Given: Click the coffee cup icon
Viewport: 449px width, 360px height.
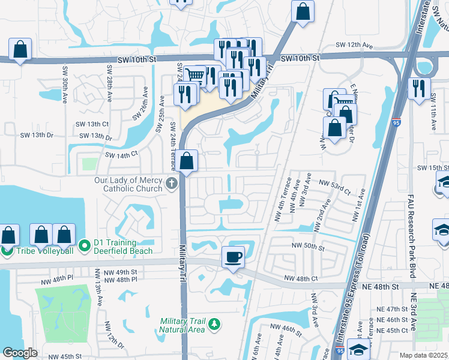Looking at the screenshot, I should (233, 257).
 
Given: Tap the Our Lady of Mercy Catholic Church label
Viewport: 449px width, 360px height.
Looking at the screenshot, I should (128, 184).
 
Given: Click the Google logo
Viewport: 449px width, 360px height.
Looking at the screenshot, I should (20, 353).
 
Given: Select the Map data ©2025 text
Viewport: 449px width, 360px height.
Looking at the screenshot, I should (423, 355).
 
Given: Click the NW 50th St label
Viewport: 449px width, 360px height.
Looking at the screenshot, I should (308, 246).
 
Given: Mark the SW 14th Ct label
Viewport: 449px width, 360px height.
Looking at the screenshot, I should (122, 155).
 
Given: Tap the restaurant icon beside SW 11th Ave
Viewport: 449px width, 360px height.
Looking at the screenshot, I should (419, 88).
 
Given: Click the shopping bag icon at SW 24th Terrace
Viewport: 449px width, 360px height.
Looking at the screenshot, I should (187, 161).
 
